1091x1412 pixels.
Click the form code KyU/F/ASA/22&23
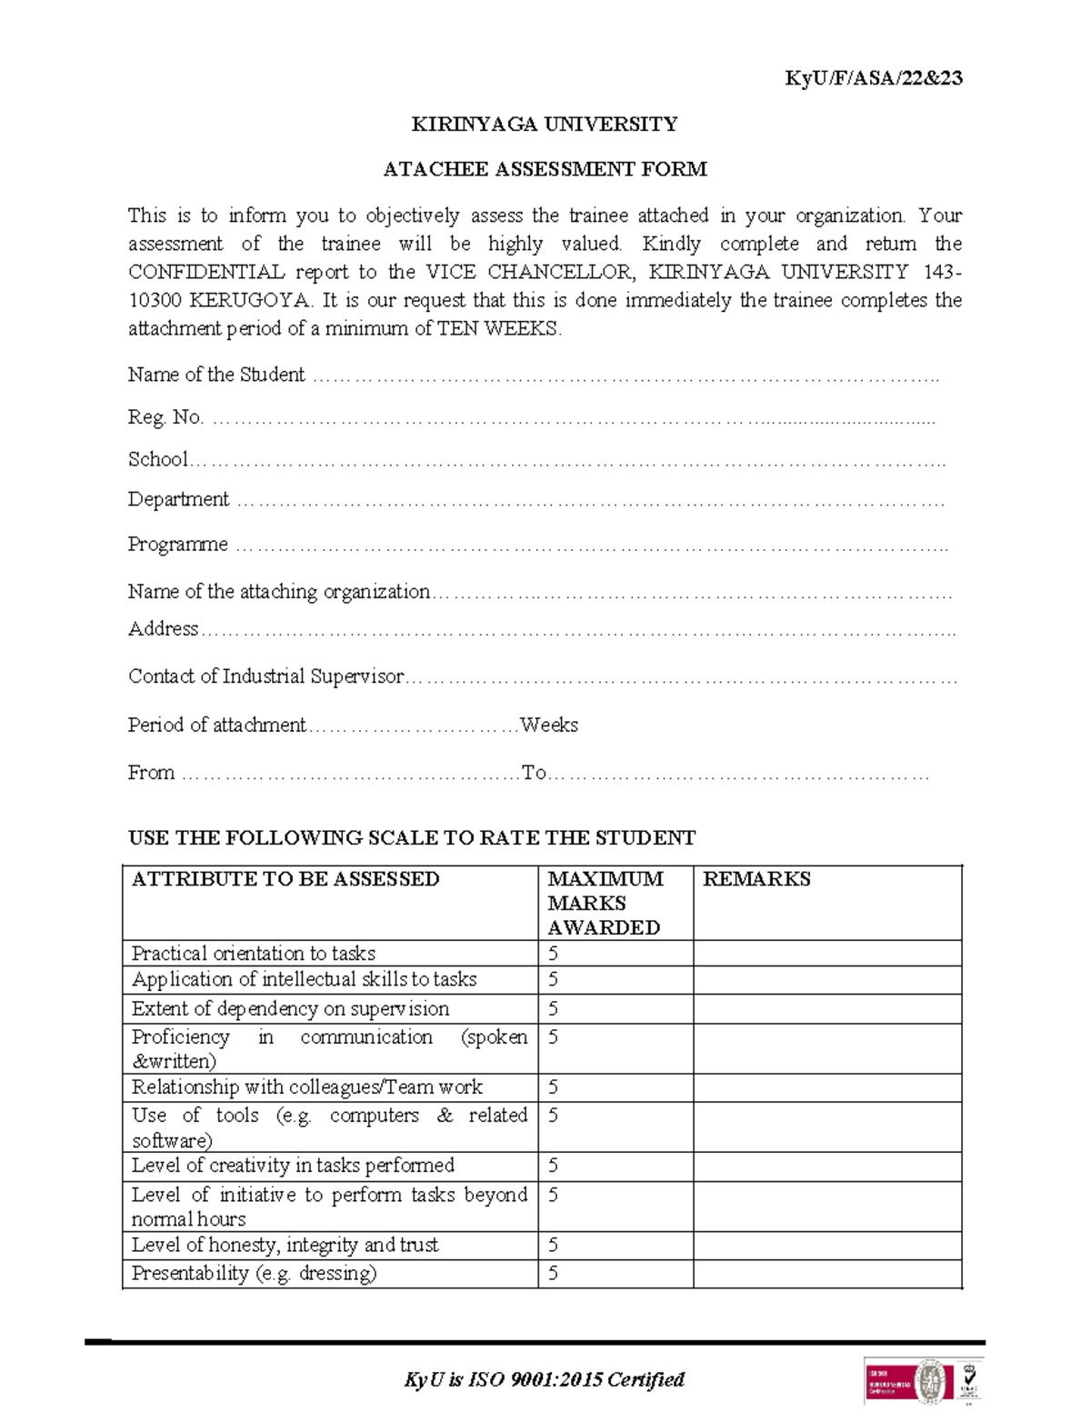[x=873, y=78]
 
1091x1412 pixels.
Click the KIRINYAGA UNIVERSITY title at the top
[x=545, y=124]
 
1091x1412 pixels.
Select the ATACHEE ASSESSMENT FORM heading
[x=545, y=169]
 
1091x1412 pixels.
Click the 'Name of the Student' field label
[x=216, y=375]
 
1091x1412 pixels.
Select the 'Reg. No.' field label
[x=165, y=417]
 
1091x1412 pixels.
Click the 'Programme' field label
[x=177, y=545]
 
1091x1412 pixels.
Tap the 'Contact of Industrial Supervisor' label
[x=265, y=676]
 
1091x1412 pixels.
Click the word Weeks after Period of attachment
[x=549, y=726]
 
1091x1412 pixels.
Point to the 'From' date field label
[x=151, y=773]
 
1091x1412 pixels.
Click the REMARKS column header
[x=756, y=879]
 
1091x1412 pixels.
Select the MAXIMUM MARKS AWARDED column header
[x=605, y=903]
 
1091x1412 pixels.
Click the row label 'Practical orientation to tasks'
[x=253, y=954]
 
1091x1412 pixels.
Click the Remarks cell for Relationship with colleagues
[x=826, y=1088]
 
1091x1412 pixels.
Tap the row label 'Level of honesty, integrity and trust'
[x=285, y=1246]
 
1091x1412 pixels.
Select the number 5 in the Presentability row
[x=553, y=1274]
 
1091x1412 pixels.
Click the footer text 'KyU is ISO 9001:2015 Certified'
[x=544, y=1379]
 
